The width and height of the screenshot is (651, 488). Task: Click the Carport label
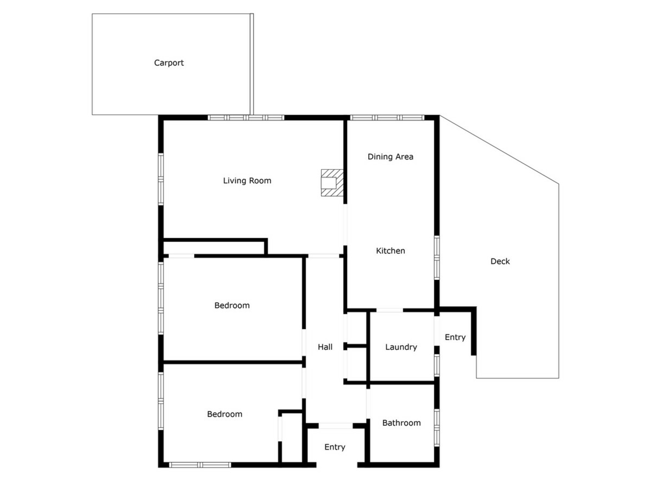169,63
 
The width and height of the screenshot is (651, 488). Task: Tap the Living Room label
247,181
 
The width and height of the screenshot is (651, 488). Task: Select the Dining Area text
391,157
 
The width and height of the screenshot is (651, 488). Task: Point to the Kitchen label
391,251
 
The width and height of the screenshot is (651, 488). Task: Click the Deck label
500,261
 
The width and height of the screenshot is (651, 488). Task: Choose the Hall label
325,347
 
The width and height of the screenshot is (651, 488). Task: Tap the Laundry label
401,347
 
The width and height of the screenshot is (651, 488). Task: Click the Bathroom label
401,423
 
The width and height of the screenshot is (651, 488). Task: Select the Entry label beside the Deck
455,338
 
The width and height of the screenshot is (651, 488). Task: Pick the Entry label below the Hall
335,447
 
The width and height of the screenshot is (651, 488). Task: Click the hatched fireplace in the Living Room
332,183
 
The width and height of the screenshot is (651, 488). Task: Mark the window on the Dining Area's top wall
387,118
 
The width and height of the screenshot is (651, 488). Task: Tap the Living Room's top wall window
246,118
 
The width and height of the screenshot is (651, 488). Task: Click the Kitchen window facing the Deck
437,258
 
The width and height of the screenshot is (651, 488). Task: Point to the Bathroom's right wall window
437,428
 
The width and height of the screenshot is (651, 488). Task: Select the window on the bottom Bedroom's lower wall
200,465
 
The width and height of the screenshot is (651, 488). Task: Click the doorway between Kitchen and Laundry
390,310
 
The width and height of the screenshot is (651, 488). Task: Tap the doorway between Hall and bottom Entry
336,426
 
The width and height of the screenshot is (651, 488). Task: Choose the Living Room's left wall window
161,179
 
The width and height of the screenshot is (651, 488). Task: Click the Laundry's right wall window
437,365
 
